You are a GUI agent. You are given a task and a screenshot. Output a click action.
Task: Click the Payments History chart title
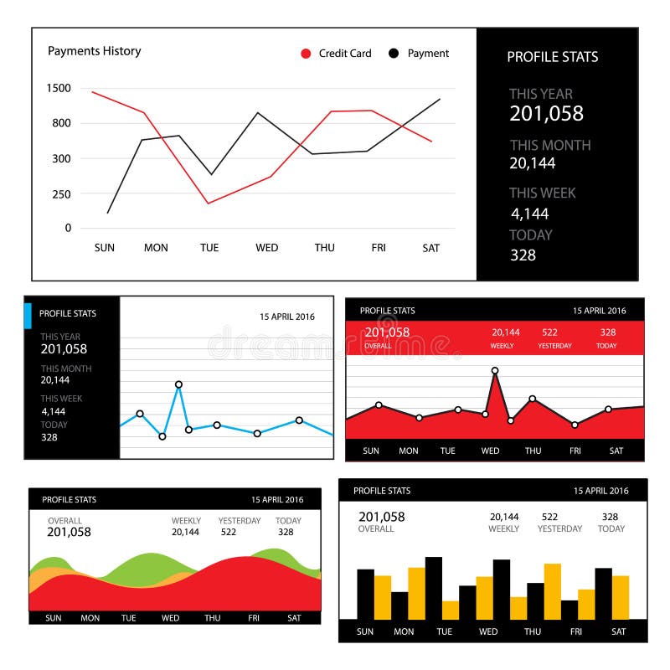(94, 51)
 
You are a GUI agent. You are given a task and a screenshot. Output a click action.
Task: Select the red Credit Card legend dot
(306, 54)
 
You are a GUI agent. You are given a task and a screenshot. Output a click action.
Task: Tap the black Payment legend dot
(394, 54)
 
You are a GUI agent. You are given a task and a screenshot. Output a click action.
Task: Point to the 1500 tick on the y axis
(59, 88)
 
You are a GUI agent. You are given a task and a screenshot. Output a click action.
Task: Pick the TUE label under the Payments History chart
(209, 248)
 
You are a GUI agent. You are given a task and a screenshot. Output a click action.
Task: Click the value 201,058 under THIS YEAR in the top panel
(546, 114)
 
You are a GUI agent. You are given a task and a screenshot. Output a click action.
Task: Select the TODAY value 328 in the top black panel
(523, 255)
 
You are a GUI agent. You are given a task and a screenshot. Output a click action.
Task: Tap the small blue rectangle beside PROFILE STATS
(28, 316)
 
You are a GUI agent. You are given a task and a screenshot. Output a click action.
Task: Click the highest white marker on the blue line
(178, 385)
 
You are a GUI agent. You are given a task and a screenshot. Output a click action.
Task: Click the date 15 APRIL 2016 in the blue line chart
(287, 317)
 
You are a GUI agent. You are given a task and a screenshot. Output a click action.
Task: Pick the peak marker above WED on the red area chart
(495, 370)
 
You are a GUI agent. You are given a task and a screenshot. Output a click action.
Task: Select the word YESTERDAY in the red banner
(554, 346)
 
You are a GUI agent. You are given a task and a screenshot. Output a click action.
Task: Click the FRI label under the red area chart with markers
(575, 451)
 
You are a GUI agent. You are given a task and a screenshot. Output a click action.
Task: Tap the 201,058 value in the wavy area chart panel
(69, 532)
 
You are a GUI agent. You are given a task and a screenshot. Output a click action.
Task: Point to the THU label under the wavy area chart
(213, 618)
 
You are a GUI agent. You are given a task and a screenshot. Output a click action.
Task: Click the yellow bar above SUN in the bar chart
(383, 596)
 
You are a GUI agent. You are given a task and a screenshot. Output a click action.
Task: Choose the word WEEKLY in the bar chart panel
(503, 529)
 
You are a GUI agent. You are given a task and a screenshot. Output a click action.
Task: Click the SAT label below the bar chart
(618, 632)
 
